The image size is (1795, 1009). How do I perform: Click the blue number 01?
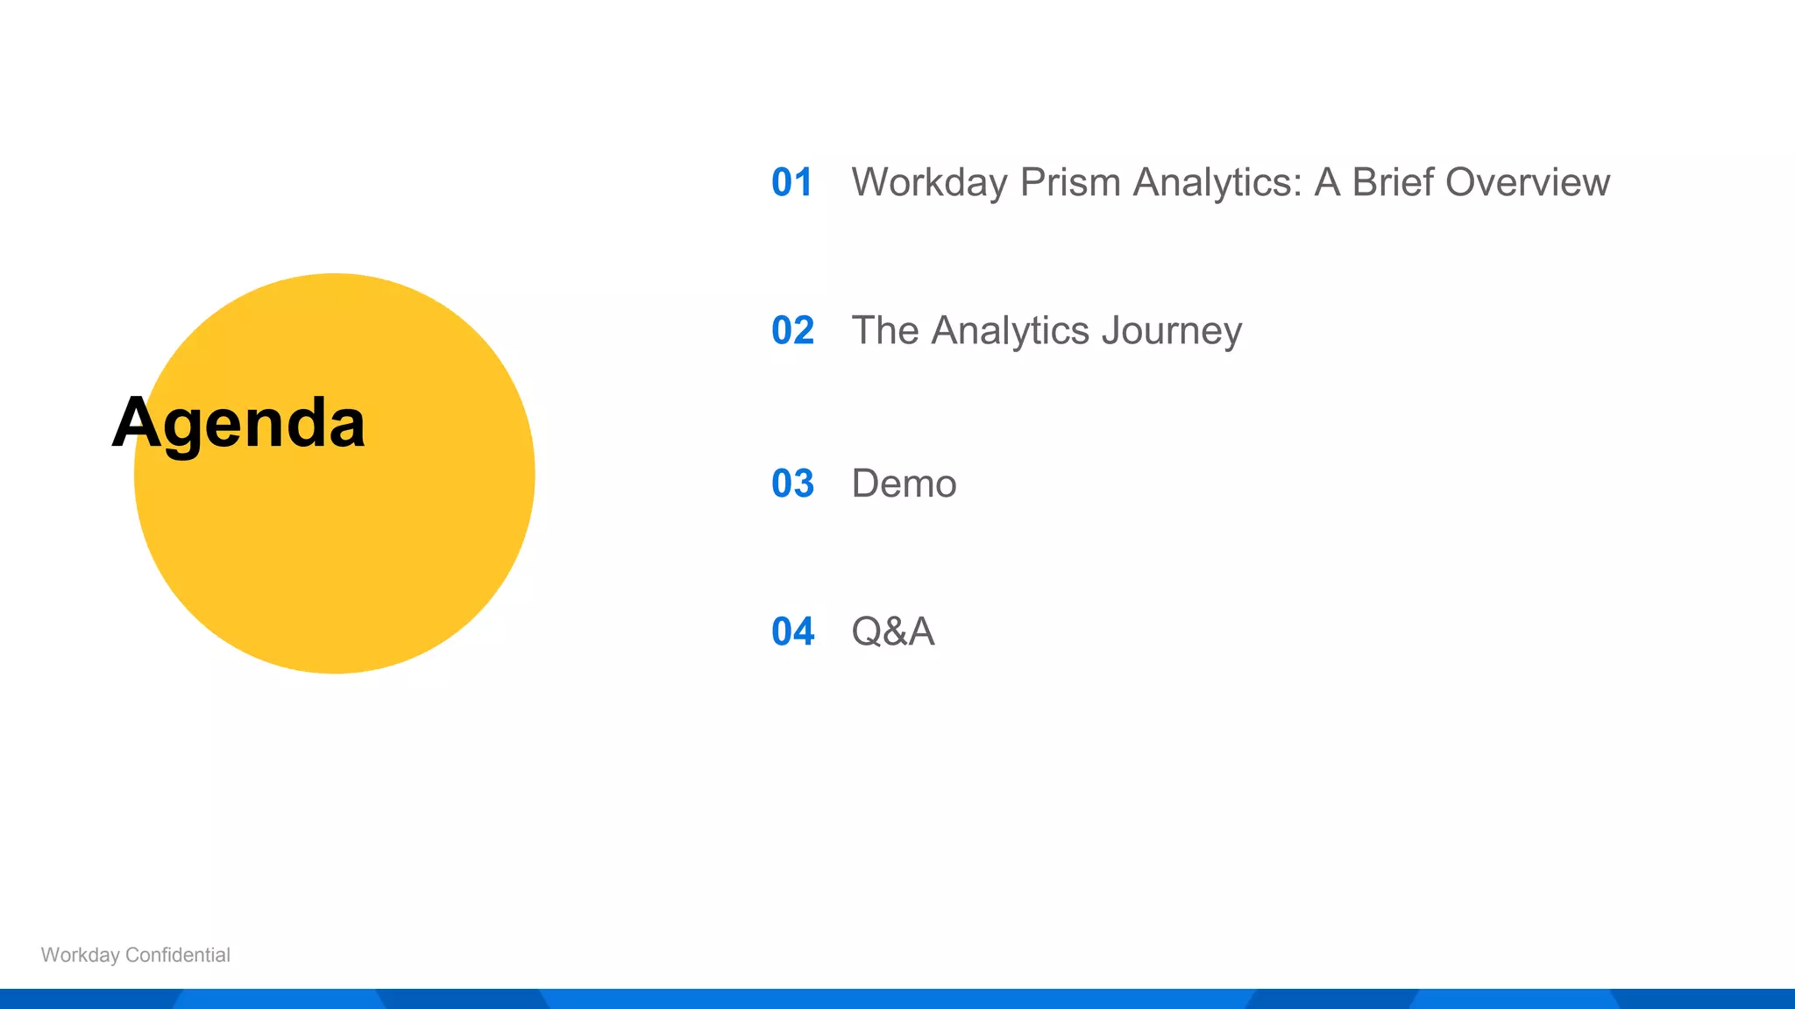[791, 183]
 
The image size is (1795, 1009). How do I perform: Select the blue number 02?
[792, 331]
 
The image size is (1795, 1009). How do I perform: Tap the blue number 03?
[792, 483]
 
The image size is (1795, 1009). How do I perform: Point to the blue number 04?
[792, 632]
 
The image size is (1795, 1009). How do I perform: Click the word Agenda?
[238, 424]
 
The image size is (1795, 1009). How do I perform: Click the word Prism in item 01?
[1070, 183]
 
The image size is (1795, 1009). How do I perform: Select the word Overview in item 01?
[1527, 183]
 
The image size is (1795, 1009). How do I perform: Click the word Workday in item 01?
[929, 183]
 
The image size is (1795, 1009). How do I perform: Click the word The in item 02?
[884, 331]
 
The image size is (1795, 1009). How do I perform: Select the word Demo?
[904, 483]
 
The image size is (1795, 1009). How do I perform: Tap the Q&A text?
[892, 632]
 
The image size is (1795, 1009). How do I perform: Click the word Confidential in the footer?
[178, 955]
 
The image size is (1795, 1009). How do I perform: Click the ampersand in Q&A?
[893, 632]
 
